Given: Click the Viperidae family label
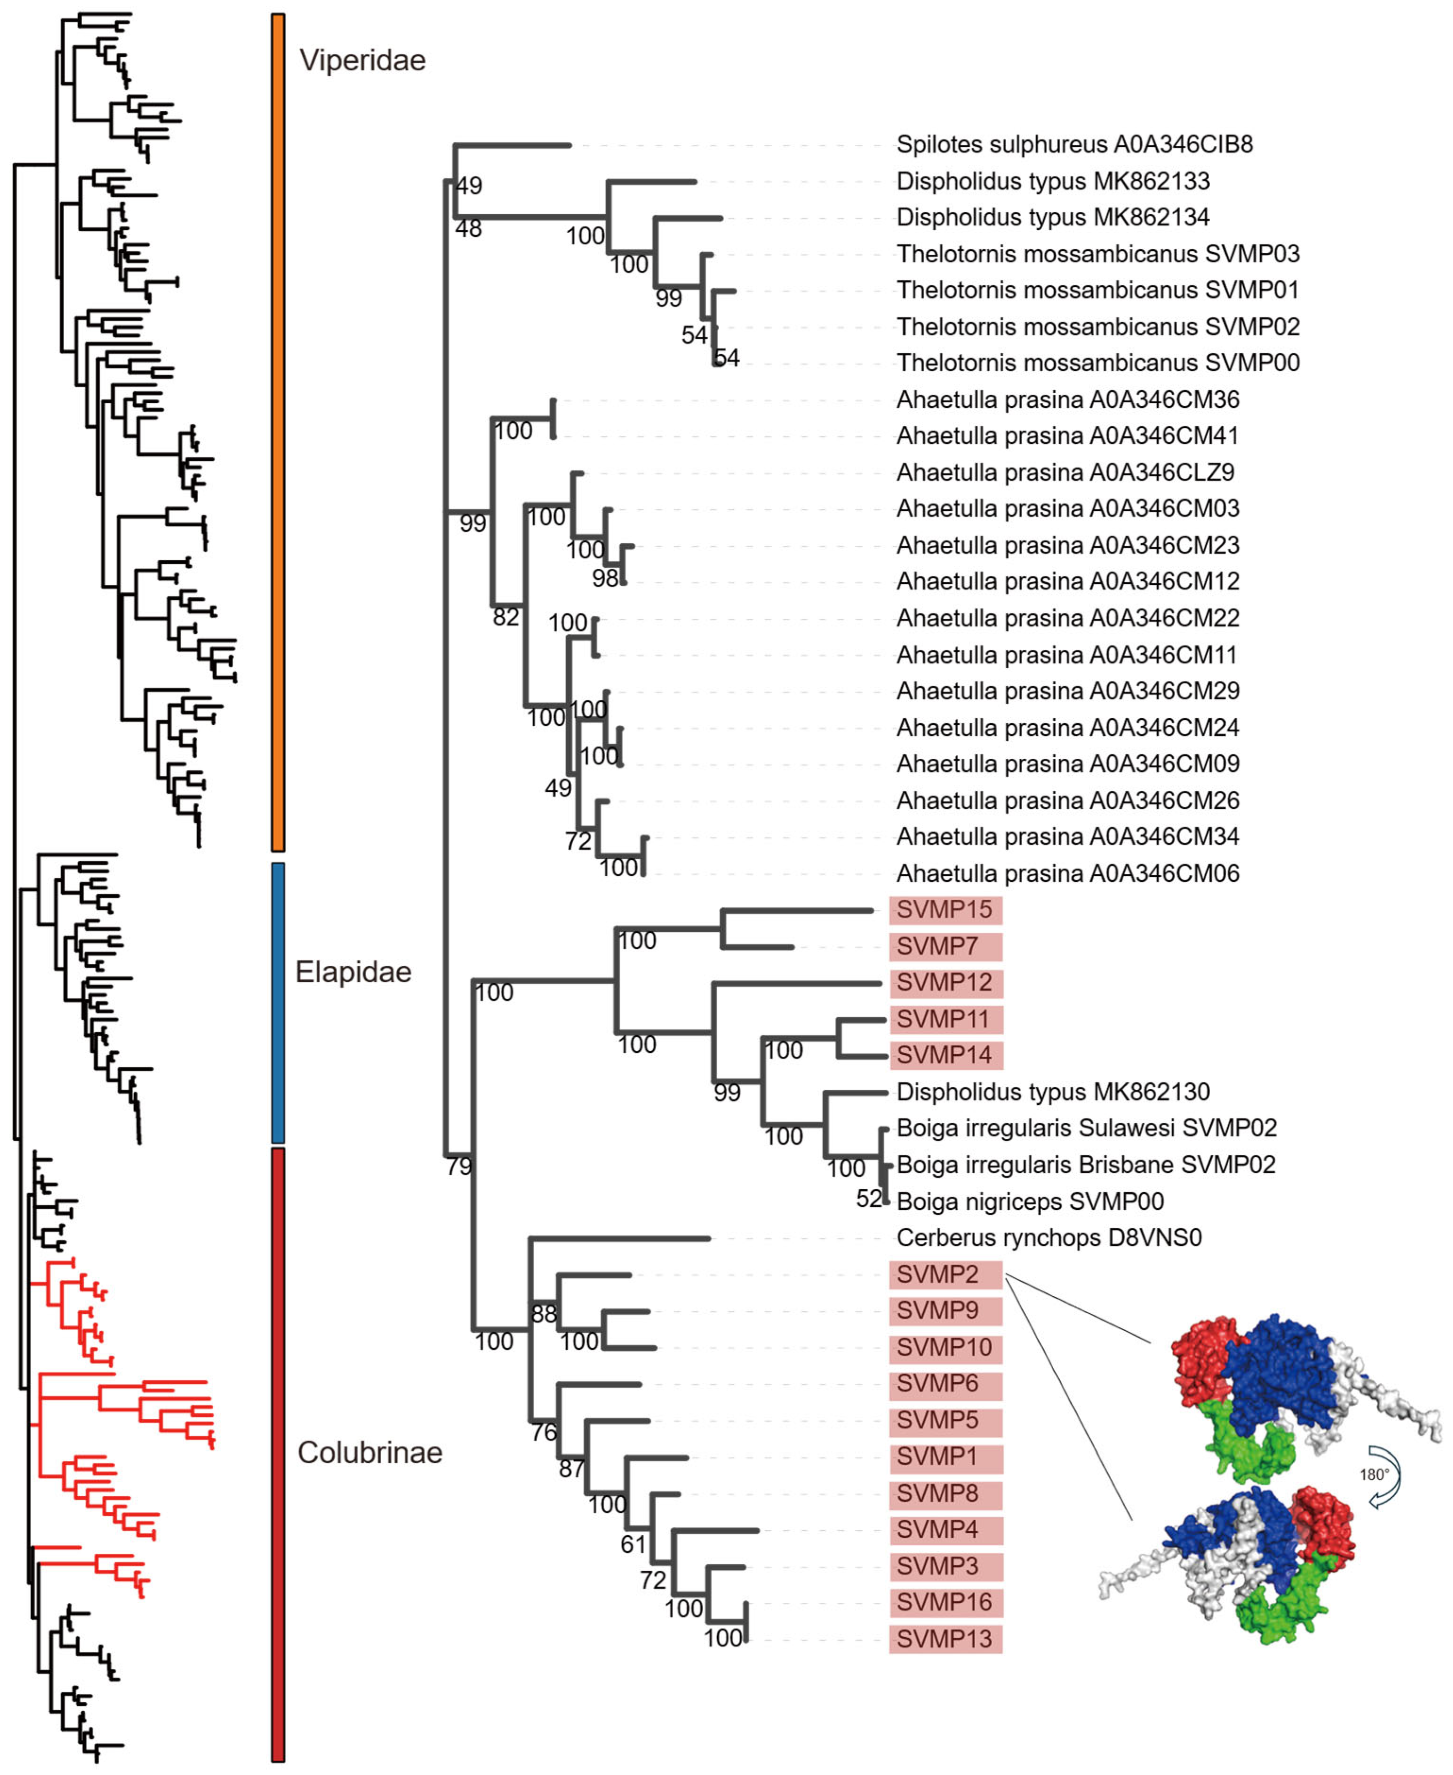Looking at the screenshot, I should click(363, 60).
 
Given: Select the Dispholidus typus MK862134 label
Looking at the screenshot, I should click(1052, 218).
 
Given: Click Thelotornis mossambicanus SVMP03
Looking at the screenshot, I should click(1097, 254).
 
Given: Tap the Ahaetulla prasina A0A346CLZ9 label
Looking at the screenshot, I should click(1065, 473).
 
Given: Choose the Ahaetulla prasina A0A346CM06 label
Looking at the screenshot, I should click(1067, 874).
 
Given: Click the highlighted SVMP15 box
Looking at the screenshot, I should click(945, 910).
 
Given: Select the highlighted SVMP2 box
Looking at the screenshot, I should click(945, 1274).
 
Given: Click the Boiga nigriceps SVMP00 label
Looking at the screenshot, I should click(1030, 1202).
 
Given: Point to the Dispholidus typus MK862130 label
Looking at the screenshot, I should click(1052, 1092).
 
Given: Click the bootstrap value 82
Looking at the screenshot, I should click(506, 617).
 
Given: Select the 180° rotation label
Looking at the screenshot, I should click(1373, 1476).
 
